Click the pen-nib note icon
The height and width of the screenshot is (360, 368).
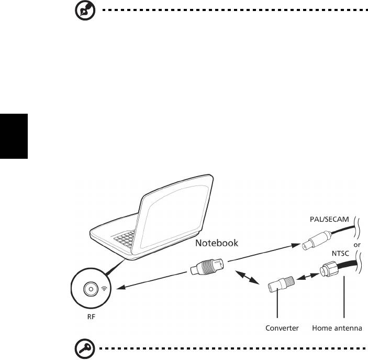(85, 10)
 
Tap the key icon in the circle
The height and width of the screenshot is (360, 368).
(85, 348)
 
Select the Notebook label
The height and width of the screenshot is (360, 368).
(217, 243)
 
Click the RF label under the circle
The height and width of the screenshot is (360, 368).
(91, 317)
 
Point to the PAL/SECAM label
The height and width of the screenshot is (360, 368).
(329, 219)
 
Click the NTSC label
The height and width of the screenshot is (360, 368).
(340, 253)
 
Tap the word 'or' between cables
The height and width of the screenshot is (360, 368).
(357, 245)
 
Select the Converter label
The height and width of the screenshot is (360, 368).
(282, 328)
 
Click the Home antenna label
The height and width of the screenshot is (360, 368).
(337, 328)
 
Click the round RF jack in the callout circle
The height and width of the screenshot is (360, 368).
(91, 289)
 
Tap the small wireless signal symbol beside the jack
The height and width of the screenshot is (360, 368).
(104, 289)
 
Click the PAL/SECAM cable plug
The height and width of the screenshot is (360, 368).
(316, 240)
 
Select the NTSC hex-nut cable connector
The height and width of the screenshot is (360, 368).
(329, 269)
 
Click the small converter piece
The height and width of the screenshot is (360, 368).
(281, 283)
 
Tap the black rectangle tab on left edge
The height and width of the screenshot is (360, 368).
(14, 136)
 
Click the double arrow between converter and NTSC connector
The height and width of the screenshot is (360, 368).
(308, 276)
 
